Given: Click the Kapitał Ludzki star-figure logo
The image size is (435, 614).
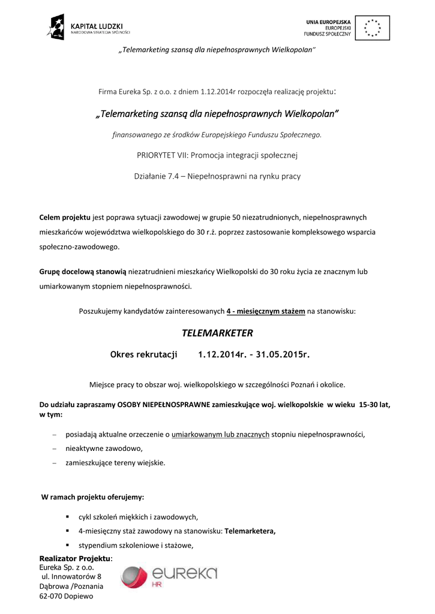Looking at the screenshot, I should (x=56, y=27).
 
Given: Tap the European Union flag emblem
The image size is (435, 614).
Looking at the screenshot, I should (x=372, y=28).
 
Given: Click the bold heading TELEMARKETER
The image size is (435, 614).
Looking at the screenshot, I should (x=217, y=333).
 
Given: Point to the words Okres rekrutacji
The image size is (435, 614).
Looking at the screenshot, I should (x=144, y=354).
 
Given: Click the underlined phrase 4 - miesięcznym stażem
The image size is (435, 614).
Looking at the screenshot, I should (x=266, y=311).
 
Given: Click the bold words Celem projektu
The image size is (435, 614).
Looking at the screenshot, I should (x=65, y=217).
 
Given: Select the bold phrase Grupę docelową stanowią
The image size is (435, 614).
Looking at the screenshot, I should (x=83, y=272).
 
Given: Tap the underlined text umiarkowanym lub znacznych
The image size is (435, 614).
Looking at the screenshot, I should (x=220, y=434).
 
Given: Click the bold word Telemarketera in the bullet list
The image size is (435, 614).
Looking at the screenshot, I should (x=250, y=531).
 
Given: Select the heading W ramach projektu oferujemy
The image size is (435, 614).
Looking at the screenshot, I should (x=92, y=497).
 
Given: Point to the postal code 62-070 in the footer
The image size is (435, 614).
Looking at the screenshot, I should (x=51, y=596).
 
